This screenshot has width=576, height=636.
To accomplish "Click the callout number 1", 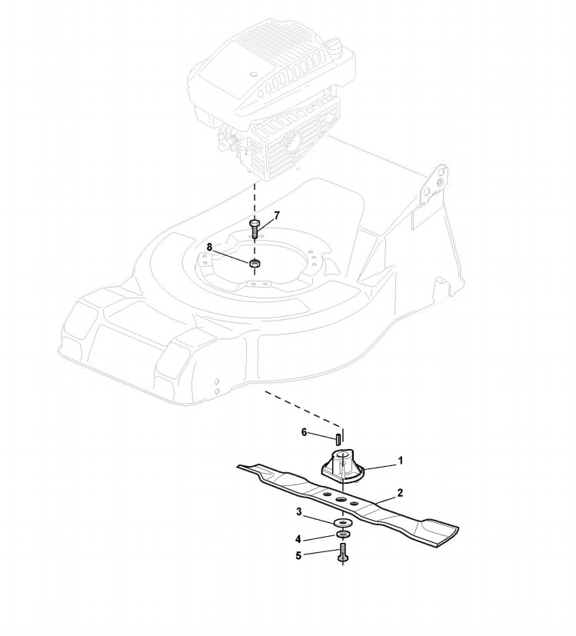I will point(400,461).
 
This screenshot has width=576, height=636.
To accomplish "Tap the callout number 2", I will point(399,491).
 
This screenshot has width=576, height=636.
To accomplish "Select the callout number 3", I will point(298,511).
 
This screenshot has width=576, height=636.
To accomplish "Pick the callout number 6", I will point(305,432).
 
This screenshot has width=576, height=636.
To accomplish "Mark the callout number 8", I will point(209,246).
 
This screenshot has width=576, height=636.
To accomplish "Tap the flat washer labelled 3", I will point(339,524).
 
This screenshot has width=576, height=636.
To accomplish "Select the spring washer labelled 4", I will point(339,535).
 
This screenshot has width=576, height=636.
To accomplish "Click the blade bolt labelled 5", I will point(340,553).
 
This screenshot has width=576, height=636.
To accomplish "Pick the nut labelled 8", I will point(255,263).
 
